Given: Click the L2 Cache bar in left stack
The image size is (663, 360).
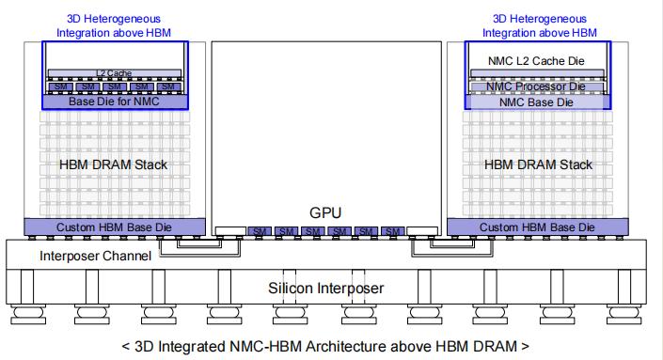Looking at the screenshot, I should [115, 72].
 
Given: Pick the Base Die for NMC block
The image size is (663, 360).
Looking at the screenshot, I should [115, 101].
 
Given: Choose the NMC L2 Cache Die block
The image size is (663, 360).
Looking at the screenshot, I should [537, 61].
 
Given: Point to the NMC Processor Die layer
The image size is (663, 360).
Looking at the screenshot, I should [537, 86].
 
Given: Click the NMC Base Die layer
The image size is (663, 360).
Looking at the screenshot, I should [537, 102].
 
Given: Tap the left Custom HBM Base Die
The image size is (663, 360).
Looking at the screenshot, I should [115, 227].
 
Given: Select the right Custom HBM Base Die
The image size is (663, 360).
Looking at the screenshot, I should [537, 227].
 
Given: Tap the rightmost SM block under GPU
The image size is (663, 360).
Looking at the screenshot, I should [394, 231].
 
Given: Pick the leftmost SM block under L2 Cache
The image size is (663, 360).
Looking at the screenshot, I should [61, 86].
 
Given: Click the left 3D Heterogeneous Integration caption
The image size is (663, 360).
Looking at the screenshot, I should [115, 25].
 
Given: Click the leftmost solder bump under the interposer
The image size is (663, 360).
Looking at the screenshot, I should [24, 313].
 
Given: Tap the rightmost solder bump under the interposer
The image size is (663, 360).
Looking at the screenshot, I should [627, 313].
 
